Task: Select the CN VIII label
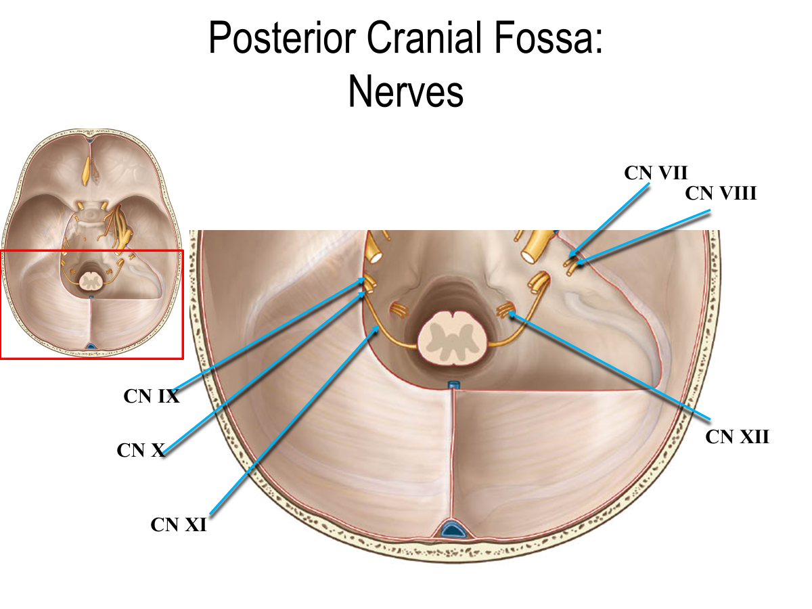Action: tap(720, 194)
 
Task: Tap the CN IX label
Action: tap(151, 397)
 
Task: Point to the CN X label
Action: tap(141, 450)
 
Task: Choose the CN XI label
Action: tap(178, 524)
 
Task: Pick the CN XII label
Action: tap(737, 436)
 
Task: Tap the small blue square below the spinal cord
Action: tap(453, 386)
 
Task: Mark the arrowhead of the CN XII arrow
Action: tap(512, 313)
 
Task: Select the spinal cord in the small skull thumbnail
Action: tap(90, 278)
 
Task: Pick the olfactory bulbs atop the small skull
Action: tap(88, 169)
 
